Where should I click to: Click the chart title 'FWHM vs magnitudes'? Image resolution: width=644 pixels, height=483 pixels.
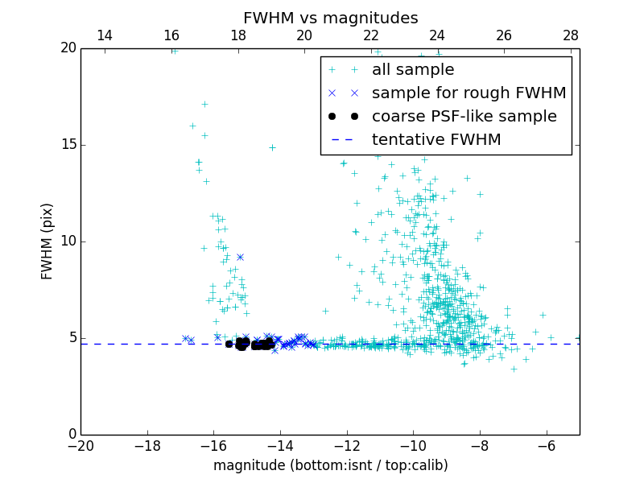click(330, 18)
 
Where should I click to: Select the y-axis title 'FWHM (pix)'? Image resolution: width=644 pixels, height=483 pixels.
click(47, 241)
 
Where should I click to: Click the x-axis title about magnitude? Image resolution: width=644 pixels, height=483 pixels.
click(330, 465)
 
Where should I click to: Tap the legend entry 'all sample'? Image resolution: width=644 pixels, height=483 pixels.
click(413, 70)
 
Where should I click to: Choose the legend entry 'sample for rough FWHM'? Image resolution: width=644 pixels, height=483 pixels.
click(469, 93)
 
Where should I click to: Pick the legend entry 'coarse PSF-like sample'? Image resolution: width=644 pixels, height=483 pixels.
click(464, 116)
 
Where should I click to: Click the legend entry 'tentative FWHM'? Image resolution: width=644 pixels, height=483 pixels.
click(436, 139)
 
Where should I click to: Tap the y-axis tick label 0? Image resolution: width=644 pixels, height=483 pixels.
click(71, 435)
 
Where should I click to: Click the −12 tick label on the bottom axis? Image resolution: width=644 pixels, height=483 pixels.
click(346, 445)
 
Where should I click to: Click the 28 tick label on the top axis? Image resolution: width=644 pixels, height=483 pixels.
click(571, 35)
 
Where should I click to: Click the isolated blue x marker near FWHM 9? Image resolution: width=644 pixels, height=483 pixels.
click(240, 257)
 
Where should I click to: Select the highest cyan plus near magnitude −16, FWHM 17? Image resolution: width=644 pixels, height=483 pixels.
click(204, 104)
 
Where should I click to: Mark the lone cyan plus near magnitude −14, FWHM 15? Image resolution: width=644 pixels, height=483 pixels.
click(272, 147)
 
